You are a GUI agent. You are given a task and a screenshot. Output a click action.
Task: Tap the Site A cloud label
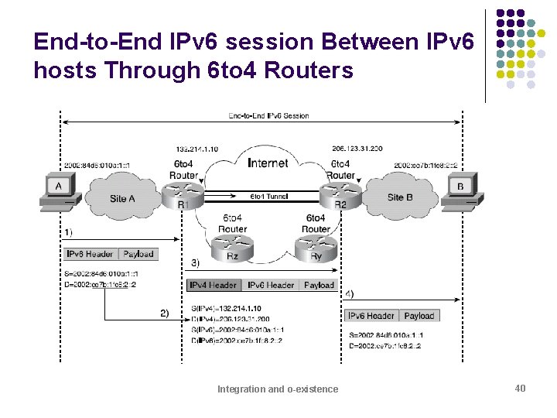[123, 198]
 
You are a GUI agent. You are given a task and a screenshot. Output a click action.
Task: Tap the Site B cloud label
[401, 197]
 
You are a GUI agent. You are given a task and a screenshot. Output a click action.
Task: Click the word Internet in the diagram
[268, 163]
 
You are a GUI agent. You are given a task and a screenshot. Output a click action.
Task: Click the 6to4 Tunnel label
[268, 197]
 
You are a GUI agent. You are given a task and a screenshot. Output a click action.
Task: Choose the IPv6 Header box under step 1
[91, 254]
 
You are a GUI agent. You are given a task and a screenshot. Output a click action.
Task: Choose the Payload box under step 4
[419, 316]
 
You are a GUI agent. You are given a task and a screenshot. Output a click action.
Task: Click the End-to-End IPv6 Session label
[268, 116]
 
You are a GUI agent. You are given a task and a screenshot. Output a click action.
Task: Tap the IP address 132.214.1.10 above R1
[197, 148]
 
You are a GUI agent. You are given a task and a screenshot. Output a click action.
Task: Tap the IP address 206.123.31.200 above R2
[335, 148]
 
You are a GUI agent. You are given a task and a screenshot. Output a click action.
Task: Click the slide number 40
[520, 388]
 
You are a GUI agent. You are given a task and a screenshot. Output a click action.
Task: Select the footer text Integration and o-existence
[278, 389]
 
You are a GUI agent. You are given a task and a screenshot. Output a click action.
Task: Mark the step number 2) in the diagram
[164, 313]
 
